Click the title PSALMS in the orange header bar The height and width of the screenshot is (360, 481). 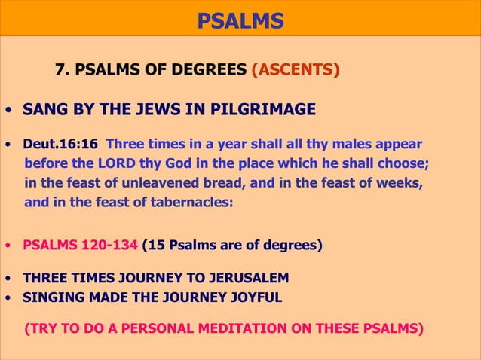(x=240, y=20)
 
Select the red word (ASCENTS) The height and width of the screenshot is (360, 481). (x=295, y=71)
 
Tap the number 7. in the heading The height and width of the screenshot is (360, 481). (x=63, y=71)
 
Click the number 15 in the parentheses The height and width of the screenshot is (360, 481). (x=154, y=245)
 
